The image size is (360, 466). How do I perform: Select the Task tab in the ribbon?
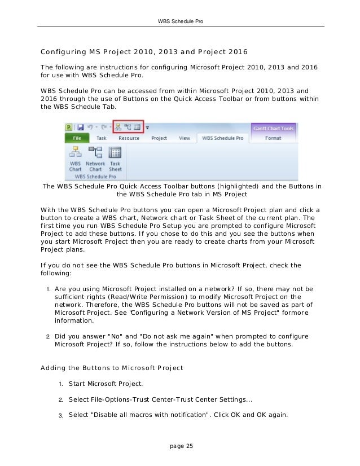[101, 138]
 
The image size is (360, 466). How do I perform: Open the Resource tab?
[129, 138]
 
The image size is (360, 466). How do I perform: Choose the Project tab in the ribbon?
[159, 138]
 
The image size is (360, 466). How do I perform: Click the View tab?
[185, 138]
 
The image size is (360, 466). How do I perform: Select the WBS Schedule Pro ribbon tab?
[222, 138]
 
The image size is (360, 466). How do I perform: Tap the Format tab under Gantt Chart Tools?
[273, 138]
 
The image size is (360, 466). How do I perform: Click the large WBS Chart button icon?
[75, 153]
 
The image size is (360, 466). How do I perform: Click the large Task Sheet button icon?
[115, 153]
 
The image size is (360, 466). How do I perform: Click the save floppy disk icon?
[81, 127]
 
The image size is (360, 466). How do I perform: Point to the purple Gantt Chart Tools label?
[273, 128]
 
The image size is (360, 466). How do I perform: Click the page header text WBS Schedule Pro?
[180, 21]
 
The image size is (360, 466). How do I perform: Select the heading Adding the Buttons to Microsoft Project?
[112, 368]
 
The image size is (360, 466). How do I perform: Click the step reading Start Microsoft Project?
[106, 384]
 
